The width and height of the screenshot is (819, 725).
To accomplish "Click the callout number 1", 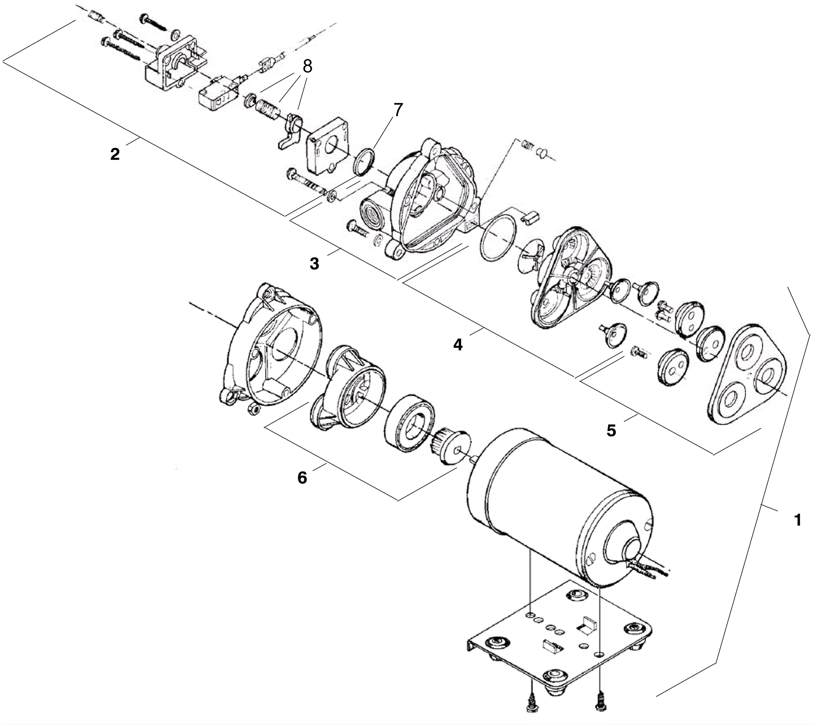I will pyautogui.click(x=796, y=520).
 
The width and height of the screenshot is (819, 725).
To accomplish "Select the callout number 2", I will pyautogui.click(x=115, y=154).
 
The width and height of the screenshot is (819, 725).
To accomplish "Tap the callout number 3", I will pyautogui.click(x=314, y=264).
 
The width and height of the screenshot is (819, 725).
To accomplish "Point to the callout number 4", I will pyautogui.click(x=458, y=345).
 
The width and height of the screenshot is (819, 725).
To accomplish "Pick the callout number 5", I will pyautogui.click(x=611, y=431).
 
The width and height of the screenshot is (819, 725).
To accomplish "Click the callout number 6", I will pyautogui.click(x=302, y=478).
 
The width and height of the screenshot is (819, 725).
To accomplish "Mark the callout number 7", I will pyautogui.click(x=398, y=110).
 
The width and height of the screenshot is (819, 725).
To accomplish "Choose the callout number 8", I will pyautogui.click(x=307, y=66).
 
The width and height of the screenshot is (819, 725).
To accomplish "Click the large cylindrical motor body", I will pyautogui.click(x=558, y=507).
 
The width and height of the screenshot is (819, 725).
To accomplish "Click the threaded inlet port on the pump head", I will pyautogui.click(x=370, y=210).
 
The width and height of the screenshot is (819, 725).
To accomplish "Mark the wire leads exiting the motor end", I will pyautogui.click(x=650, y=568).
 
